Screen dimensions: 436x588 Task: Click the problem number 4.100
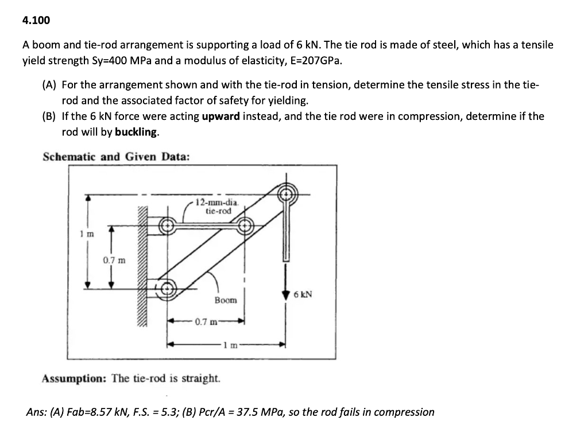[36, 21]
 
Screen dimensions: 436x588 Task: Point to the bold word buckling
[136, 132]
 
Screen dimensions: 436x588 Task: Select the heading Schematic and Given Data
[116, 157]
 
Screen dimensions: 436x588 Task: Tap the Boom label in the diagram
[226, 300]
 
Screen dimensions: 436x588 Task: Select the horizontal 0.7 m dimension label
[205, 321]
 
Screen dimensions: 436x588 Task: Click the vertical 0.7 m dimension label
[112, 260]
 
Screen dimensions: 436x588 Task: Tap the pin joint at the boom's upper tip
[285, 194]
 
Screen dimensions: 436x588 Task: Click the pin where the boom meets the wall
[167, 289]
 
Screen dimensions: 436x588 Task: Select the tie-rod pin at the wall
[167, 225]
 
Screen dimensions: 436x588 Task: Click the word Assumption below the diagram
[73, 379]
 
